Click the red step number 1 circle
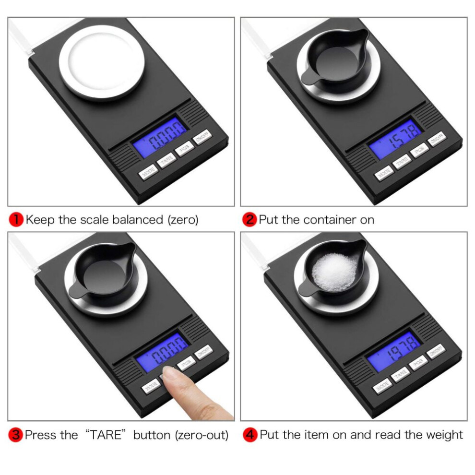(x=16, y=220)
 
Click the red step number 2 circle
(x=249, y=220)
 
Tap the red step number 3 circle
(x=16, y=435)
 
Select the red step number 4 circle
(x=250, y=435)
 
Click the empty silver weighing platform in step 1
(x=102, y=61)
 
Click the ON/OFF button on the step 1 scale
(x=202, y=137)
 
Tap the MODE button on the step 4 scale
(x=382, y=386)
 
